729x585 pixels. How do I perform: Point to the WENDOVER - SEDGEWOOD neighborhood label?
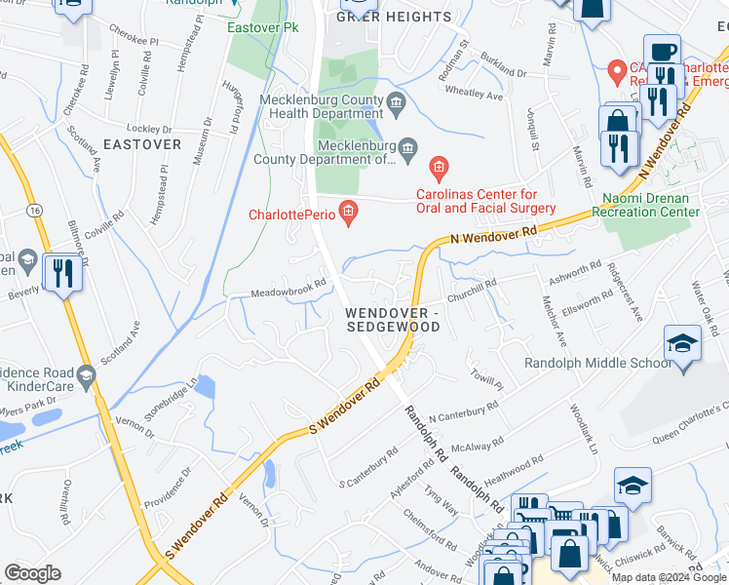tap(393, 320)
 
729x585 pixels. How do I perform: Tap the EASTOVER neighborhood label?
tap(142, 144)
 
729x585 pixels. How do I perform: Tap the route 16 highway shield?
tap(35, 210)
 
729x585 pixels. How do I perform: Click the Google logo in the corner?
tap(32, 573)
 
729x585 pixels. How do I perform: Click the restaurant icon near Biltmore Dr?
tap(61, 273)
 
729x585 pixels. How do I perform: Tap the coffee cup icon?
tap(662, 51)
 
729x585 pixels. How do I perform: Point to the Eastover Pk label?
tap(261, 27)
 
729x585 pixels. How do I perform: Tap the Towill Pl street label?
tap(484, 378)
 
